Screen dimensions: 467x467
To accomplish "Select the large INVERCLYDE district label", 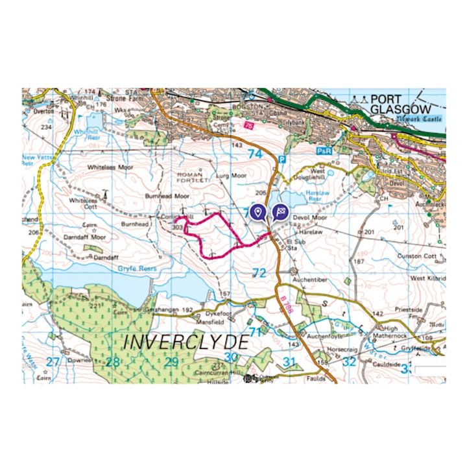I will pyautogui.click(x=186, y=342).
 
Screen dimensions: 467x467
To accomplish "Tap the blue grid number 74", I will pyautogui.click(x=255, y=154).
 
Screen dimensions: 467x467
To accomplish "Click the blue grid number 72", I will pyautogui.click(x=259, y=273).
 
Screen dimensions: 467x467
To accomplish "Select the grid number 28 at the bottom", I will pyautogui.click(x=113, y=362).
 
